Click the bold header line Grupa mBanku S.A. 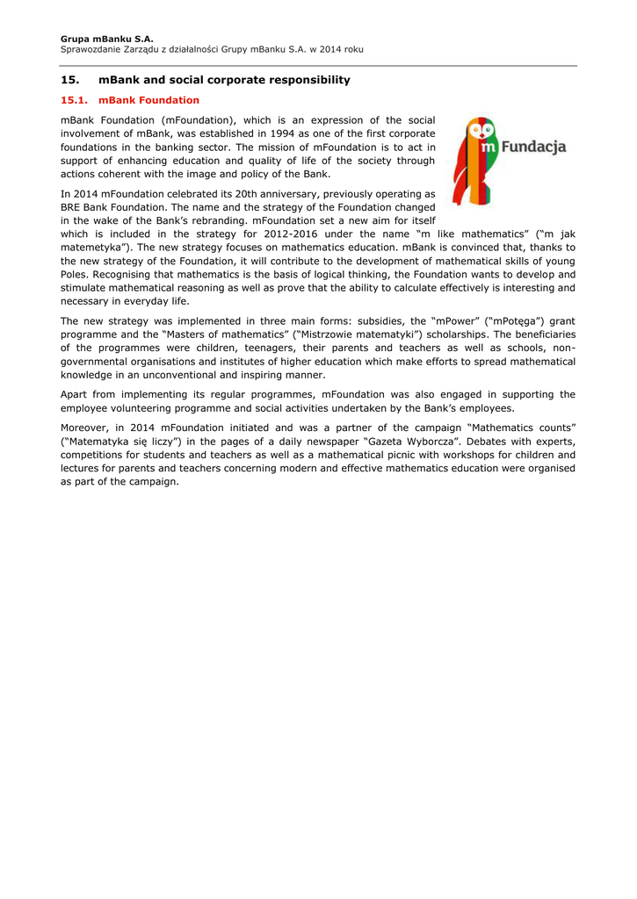coord(107,39)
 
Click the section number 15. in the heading coord(70,80)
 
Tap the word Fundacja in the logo coord(532,146)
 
